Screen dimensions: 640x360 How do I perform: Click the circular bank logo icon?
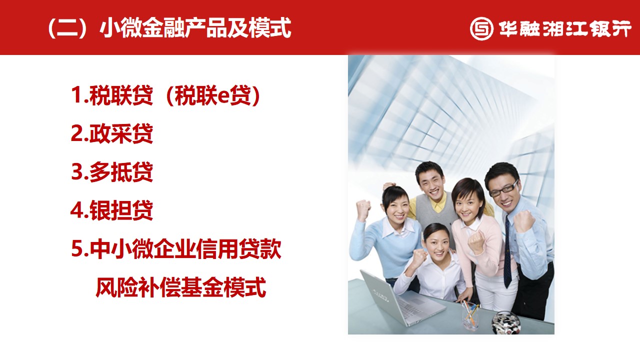(481, 28)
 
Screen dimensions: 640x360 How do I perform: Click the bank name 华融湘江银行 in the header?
(565, 28)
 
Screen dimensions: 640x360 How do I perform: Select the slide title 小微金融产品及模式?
(195, 28)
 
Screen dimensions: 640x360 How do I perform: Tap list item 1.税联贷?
(111, 95)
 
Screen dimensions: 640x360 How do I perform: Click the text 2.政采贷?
(111, 133)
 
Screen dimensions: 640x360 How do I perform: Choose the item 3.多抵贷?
(111, 171)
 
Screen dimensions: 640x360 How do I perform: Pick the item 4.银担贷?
(111, 210)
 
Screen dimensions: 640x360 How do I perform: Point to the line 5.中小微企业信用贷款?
(176, 249)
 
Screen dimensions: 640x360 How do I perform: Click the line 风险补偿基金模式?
(181, 287)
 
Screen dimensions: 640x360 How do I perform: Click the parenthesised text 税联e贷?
(213, 95)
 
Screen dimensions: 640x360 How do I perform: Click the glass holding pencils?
(470, 316)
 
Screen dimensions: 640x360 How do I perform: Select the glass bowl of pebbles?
(506, 322)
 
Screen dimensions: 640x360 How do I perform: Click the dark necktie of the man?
(507, 252)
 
